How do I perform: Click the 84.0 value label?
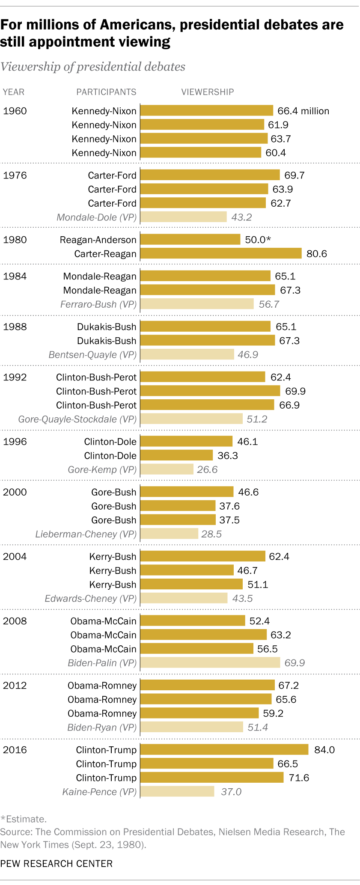(324, 750)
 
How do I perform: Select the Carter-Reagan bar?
(221, 254)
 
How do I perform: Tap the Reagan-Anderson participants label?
(98, 240)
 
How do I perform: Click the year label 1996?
(15, 442)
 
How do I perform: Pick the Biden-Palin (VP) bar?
(210, 663)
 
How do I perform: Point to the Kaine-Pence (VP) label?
(99, 792)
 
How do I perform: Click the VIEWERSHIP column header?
(208, 92)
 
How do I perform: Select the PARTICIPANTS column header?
(106, 92)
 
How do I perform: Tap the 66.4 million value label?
(303, 111)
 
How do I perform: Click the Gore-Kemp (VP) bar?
(167, 469)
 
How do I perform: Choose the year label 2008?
(15, 621)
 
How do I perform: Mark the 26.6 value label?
(207, 469)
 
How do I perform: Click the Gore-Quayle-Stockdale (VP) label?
(77, 419)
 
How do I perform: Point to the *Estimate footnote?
(23, 819)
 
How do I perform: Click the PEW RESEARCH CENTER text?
(57, 864)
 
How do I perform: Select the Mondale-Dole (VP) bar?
(184, 217)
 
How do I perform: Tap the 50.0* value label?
(258, 240)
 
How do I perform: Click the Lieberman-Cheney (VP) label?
(86, 534)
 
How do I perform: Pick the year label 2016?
(15, 750)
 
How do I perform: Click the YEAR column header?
(14, 92)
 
